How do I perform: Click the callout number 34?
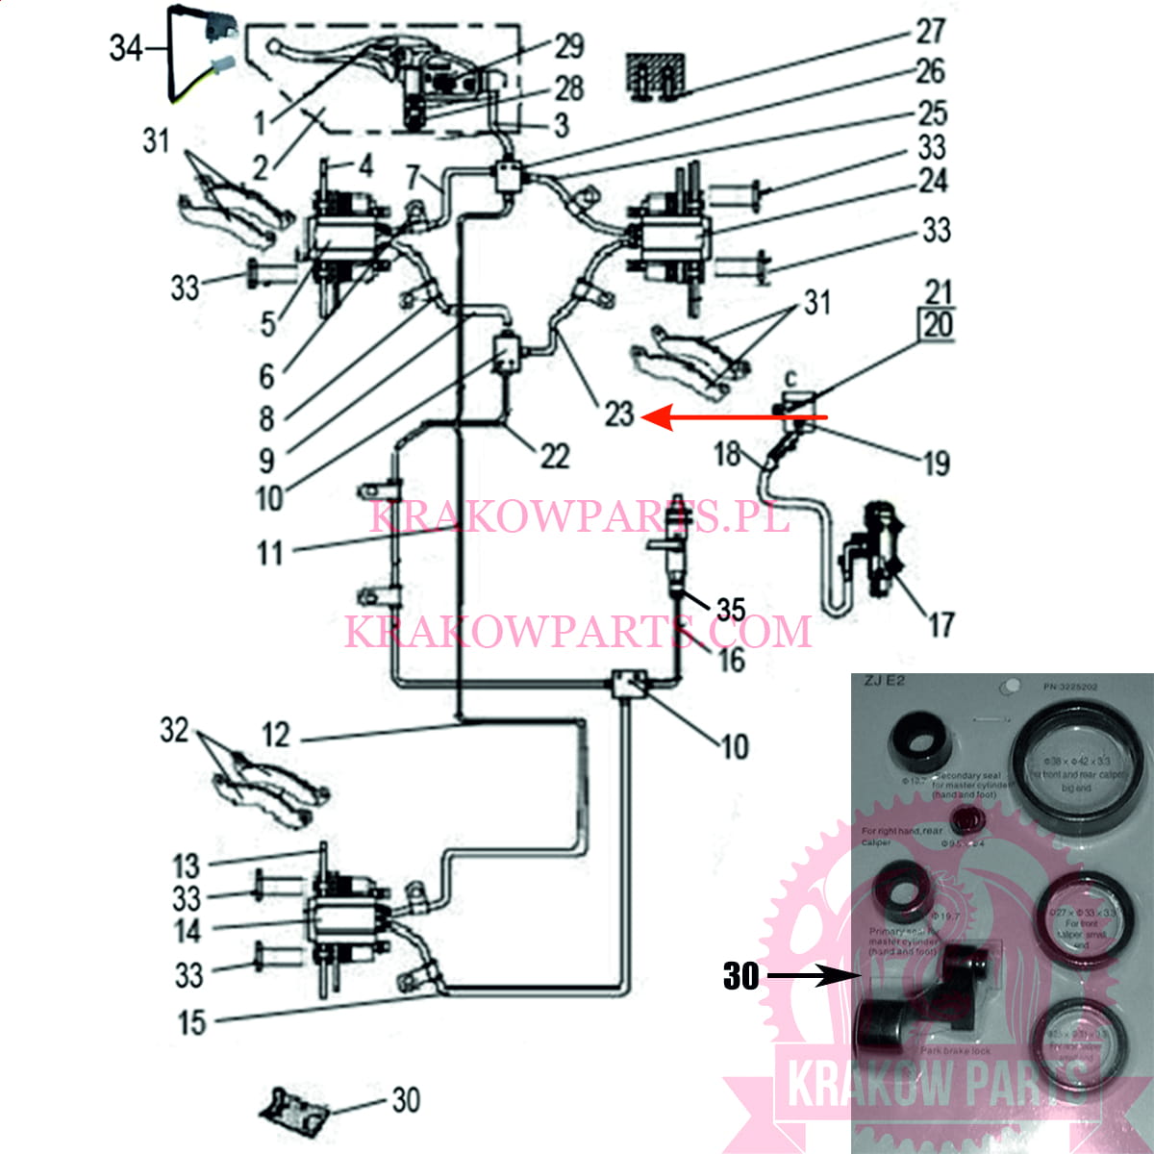click(125, 47)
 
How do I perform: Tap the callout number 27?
click(930, 31)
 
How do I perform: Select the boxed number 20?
click(938, 325)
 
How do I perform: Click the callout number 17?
click(940, 626)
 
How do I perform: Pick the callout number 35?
click(731, 609)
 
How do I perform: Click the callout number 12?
click(276, 736)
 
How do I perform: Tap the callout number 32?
click(174, 730)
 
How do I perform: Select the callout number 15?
click(192, 1022)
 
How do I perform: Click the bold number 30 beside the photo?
click(740, 976)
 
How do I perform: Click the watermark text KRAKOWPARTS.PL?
click(579, 515)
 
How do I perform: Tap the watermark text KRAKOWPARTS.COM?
click(578, 631)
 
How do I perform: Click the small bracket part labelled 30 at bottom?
click(294, 1112)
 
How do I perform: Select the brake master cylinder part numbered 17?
click(873, 553)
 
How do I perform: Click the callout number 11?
click(269, 553)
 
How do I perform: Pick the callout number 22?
click(554, 456)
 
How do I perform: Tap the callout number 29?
click(569, 45)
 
